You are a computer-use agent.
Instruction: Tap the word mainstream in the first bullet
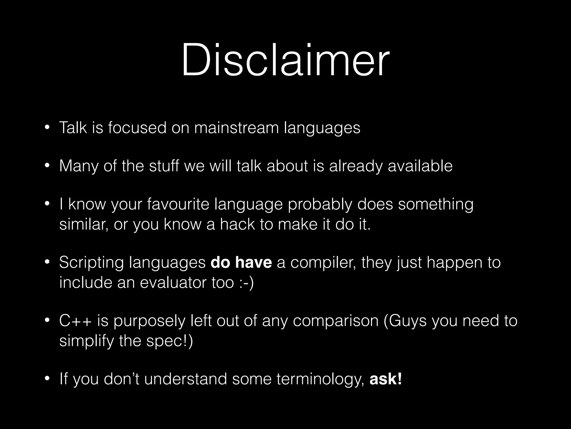[x=236, y=128]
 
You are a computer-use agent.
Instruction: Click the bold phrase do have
[x=241, y=263]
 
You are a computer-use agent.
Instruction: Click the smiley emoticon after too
[x=246, y=283]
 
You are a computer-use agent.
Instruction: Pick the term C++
[x=75, y=321]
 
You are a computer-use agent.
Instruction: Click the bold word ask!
[x=386, y=379]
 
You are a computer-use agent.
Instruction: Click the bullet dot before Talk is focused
[x=47, y=128]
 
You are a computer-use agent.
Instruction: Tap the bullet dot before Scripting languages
[x=47, y=263]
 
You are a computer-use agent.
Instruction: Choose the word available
[x=420, y=166]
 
